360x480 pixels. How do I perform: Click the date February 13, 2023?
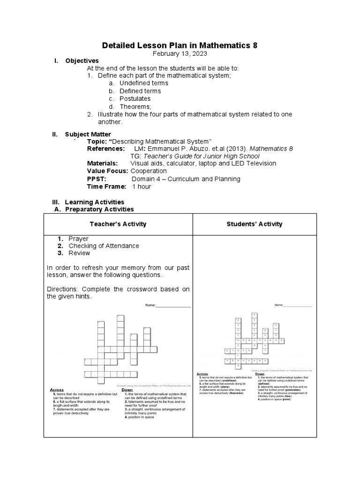click(x=180, y=53)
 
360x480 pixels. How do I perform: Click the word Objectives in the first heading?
click(x=82, y=61)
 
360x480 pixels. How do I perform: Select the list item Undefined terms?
click(x=143, y=83)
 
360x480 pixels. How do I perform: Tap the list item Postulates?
click(x=135, y=99)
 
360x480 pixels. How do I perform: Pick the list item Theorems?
click(x=135, y=107)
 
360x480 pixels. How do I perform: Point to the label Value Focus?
click(x=108, y=171)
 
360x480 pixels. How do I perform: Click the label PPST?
click(x=97, y=179)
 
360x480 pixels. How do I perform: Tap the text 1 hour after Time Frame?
click(x=142, y=187)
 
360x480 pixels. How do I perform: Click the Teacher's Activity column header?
click(x=118, y=224)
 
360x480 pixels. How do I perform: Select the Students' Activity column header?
click(x=255, y=224)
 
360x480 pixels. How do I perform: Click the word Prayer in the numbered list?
click(x=78, y=239)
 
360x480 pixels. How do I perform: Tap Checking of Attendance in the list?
click(x=104, y=246)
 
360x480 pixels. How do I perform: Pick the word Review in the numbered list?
click(x=79, y=253)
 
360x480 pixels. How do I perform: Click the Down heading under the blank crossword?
click(x=127, y=390)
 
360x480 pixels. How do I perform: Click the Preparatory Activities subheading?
click(x=99, y=209)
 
